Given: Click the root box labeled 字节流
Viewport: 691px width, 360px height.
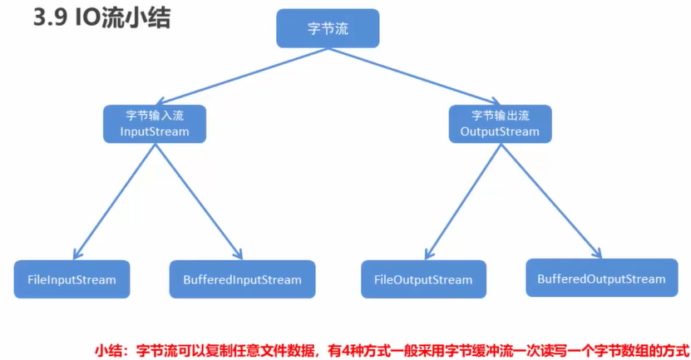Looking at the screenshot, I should tap(328, 27).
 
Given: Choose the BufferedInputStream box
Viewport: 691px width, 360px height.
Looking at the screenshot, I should tap(242, 279).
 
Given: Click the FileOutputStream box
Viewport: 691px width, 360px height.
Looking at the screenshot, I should tap(422, 280).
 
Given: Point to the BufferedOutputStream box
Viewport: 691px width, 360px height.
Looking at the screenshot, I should tap(601, 279).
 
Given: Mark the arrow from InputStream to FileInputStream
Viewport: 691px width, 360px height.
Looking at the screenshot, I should tap(111, 200).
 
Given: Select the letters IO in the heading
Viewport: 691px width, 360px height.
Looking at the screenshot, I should tap(93, 18).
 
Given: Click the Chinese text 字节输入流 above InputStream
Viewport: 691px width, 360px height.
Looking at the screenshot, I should tap(154, 116).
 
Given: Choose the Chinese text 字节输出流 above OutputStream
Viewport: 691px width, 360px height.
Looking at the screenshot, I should tap(500, 116).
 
